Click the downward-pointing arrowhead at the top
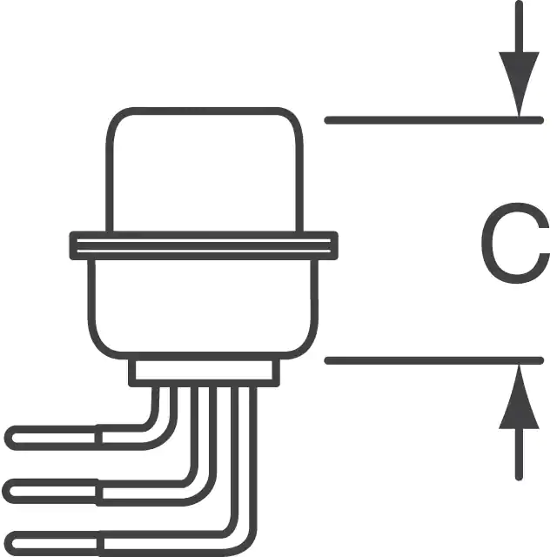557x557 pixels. [519, 82]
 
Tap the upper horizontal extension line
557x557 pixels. [434, 120]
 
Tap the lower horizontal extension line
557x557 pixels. [434, 360]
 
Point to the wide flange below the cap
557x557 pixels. [204, 245]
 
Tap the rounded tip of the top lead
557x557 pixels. [9, 438]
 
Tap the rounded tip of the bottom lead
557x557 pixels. [9, 544]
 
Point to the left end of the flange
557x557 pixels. [73, 245]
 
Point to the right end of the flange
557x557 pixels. [334, 245]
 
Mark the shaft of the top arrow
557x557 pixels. [519, 27]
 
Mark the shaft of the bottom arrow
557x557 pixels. [519, 454]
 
